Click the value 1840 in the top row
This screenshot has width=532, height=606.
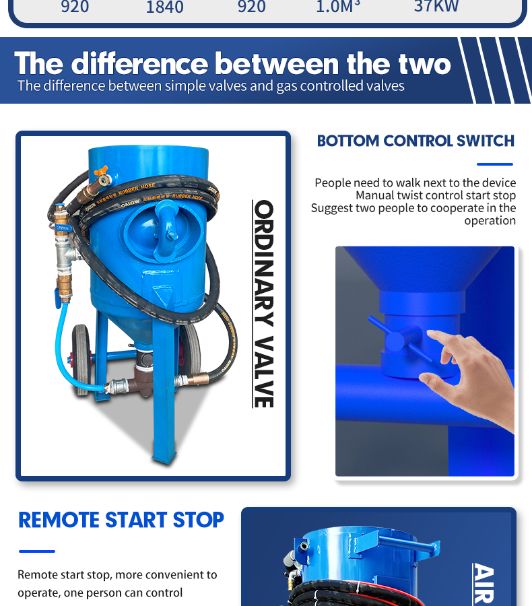pos(164,7)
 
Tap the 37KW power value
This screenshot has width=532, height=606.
pos(436,7)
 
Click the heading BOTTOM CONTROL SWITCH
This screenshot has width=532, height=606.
pos(415,141)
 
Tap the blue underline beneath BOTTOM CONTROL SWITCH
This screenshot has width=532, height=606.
pos(494,164)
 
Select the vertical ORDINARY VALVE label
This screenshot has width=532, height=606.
pos(263,303)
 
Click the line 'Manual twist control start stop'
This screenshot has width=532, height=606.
pos(436,195)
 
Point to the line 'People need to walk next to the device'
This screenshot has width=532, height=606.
pos(415,182)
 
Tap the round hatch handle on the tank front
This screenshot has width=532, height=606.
pos(166,232)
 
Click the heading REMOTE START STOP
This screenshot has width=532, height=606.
pos(121,520)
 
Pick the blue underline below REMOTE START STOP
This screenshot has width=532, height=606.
pos(36,551)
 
